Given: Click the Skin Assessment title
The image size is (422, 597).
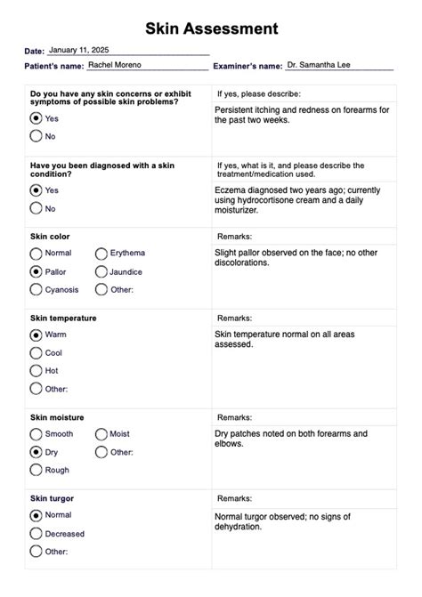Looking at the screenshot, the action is click(211, 29).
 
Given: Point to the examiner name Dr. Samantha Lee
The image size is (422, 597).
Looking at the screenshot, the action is click(319, 65).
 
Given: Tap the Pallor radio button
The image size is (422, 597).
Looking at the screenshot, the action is click(37, 271).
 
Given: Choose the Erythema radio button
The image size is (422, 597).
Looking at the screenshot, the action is click(101, 254).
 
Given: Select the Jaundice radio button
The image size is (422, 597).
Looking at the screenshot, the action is click(101, 271).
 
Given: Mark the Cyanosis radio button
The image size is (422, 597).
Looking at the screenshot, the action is click(37, 289).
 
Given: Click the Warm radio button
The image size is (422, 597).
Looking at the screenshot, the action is click(37, 335).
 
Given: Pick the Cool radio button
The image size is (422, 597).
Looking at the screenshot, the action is click(37, 352).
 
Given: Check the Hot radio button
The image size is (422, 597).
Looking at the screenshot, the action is click(37, 370).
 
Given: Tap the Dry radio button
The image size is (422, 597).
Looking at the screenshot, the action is click(37, 452).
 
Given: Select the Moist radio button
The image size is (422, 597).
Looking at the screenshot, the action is click(101, 434).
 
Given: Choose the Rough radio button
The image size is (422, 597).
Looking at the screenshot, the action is click(37, 470).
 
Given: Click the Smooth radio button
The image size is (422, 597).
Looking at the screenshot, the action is click(37, 434).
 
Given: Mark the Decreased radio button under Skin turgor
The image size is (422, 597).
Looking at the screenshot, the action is click(37, 534).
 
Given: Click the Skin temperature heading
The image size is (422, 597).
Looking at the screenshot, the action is click(63, 318).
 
